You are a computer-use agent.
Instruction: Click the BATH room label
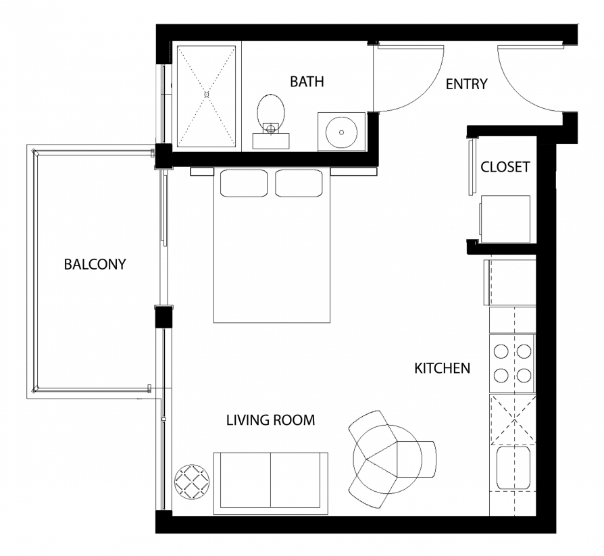[x=307, y=82]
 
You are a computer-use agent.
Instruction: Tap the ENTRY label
[x=466, y=84]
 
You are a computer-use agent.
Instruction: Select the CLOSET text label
[x=505, y=167]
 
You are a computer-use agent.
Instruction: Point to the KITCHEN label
[x=443, y=368]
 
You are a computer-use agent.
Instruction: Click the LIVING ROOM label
[x=270, y=420]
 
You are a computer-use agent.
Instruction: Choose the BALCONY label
[x=95, y=264]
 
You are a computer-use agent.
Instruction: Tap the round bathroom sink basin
[x=341, y=132]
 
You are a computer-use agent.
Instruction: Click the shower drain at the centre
[x=207, y=95]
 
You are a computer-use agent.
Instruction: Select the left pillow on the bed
[x=243, y=183]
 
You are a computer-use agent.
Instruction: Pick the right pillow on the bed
[x=299, y=183]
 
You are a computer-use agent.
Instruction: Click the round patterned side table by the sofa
[x=193, y=482]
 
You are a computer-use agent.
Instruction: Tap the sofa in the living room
[x=271, y=484]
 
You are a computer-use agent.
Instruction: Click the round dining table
[x=388, y=459]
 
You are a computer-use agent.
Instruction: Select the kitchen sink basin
[x=513, y=467]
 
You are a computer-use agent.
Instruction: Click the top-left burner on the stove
[x=501, y=351]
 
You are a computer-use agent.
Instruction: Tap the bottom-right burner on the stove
[x=524, y=375]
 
